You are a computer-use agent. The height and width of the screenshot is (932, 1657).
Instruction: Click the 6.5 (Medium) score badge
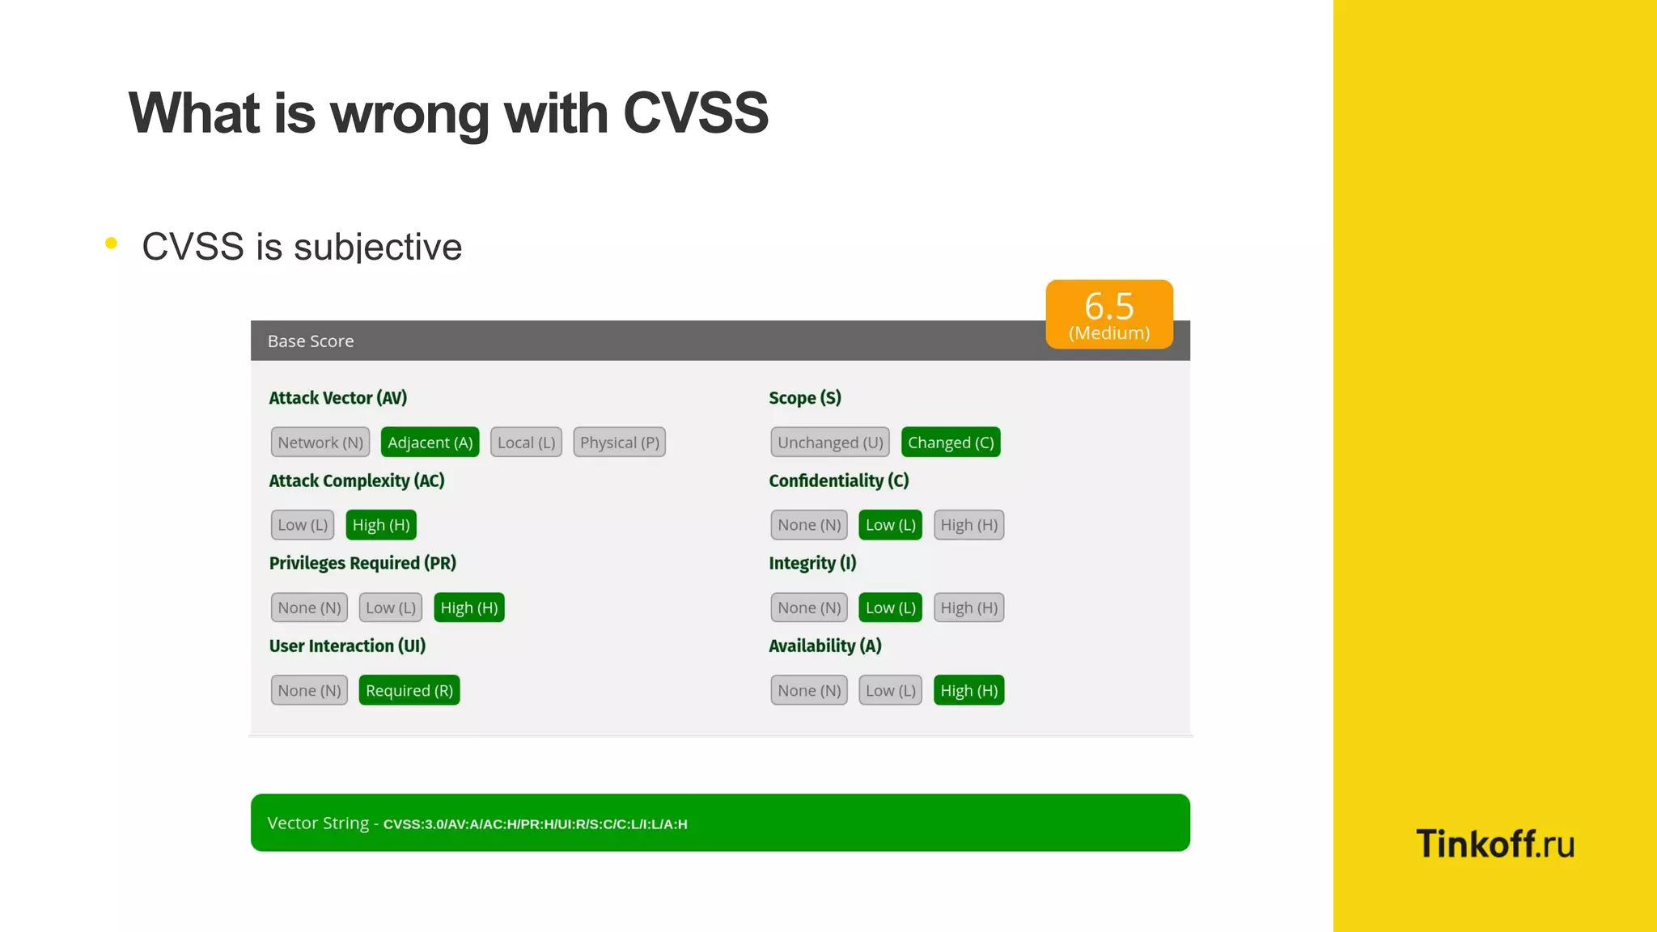(1108, 315)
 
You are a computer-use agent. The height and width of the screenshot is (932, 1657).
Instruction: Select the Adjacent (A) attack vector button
(430, 443)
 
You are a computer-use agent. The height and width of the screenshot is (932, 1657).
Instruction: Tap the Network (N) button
(320, 443)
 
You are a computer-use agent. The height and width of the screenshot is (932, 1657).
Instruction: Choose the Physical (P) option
(619, 443)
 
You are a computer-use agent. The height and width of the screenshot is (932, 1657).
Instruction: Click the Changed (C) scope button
(950, 443)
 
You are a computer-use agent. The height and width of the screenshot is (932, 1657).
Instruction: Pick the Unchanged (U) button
(830, 443)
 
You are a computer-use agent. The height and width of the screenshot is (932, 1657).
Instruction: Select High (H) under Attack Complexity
(381, 525)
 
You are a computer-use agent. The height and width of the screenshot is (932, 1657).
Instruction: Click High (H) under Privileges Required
(468, 608)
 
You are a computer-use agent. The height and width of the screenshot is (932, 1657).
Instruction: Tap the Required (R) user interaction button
(409, 690)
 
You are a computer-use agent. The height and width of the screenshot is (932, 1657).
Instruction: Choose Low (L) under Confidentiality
(890, 525)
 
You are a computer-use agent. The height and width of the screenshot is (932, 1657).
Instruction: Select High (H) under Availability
(968, 690)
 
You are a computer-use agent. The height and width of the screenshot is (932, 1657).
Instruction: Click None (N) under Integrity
(809, 608)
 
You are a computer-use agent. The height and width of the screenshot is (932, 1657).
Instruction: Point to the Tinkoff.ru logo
(1494, 844)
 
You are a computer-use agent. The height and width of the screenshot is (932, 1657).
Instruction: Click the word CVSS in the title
(695, 113)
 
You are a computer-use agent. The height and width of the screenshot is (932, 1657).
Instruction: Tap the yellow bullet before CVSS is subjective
(112, 243)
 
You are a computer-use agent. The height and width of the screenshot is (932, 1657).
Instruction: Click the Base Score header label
(311, 341)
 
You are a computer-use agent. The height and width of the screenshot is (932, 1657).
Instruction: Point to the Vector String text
(477, 824)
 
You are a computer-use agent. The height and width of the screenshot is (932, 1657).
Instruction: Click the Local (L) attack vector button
(526, 443)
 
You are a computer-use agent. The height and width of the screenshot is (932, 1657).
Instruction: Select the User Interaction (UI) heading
(347, 646)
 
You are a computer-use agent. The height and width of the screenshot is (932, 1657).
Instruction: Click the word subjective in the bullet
(377, 248)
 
